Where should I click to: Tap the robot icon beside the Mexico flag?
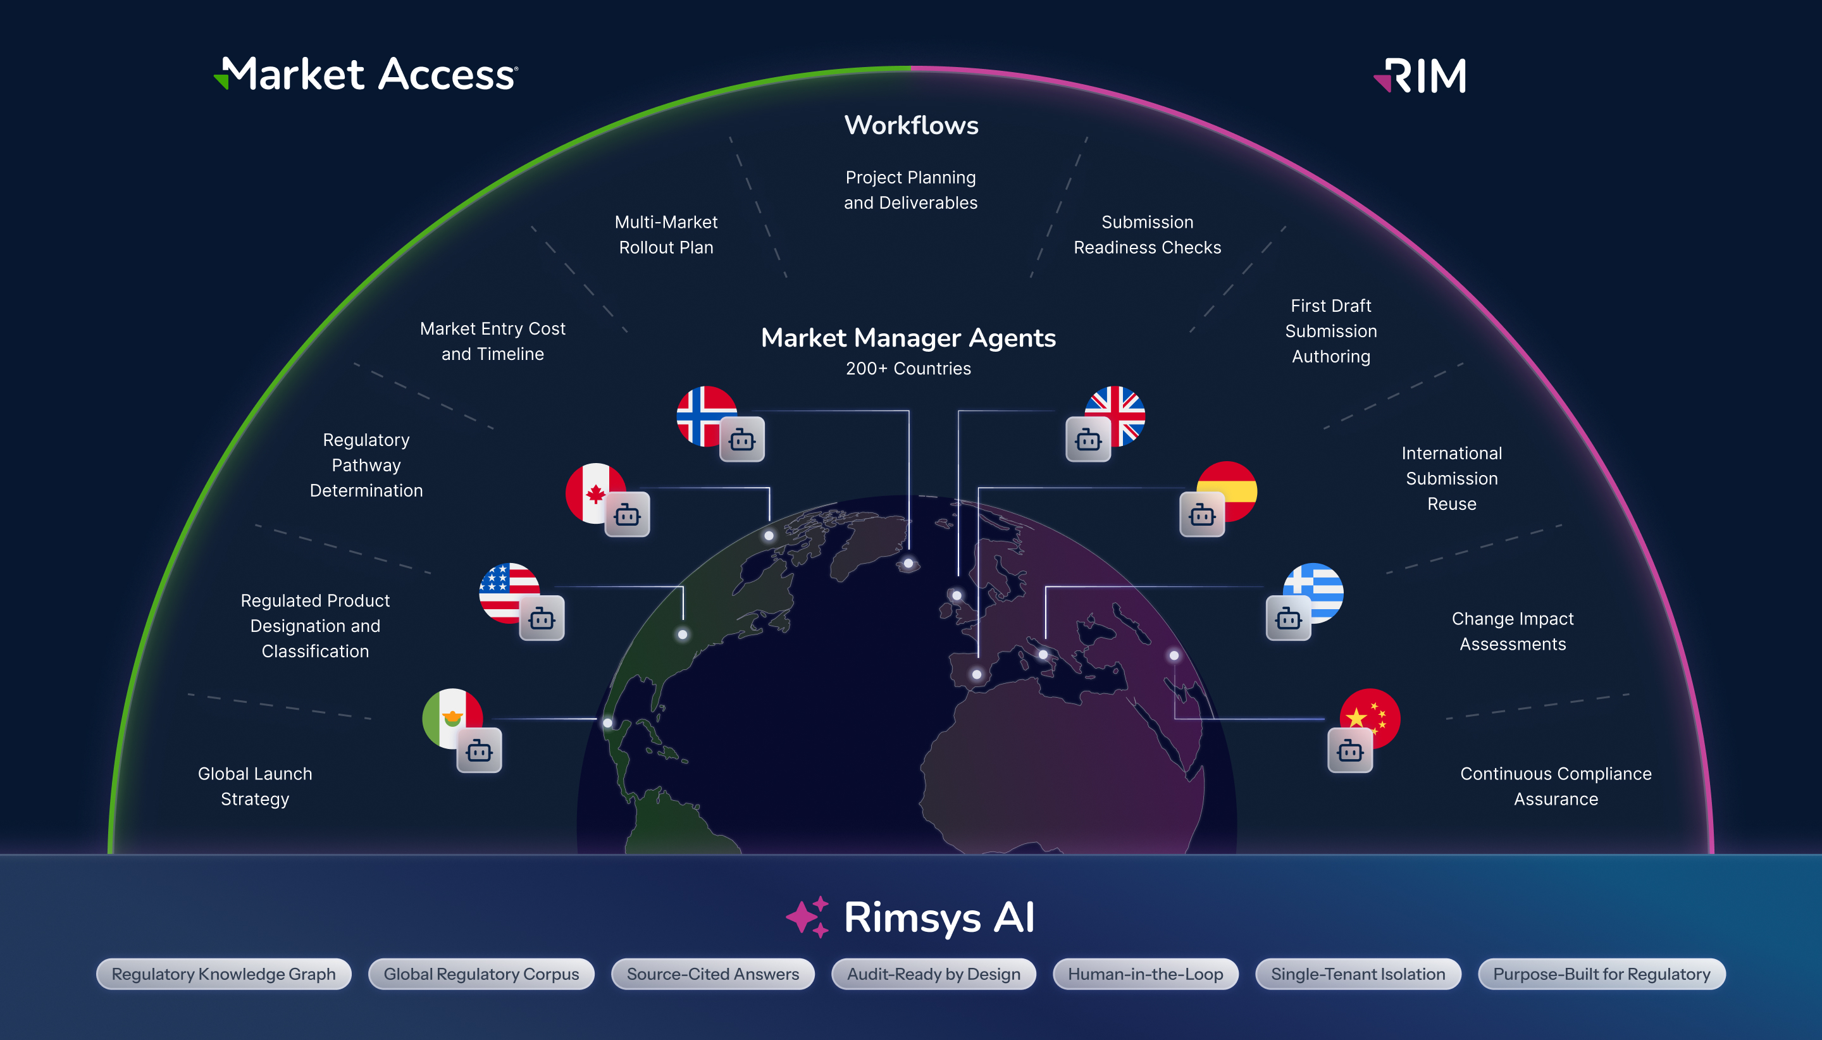coord(480,751)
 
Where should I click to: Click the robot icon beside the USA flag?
coord(542,619)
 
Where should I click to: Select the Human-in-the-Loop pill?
coord(1146,974)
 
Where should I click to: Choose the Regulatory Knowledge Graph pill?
coord(223,974)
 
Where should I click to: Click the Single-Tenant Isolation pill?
coord(1358,974)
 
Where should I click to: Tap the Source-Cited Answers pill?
coord(713,974)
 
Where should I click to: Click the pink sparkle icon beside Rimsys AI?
coord(808,917)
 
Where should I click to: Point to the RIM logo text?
coord(1420,76)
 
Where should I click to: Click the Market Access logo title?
coord(366,74)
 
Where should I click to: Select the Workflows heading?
coord(912,125)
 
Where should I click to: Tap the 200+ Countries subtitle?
coord(908,369)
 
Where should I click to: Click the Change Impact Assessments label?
coord(1513,631)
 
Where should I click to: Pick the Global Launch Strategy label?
coord(255,786)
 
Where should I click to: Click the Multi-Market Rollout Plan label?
coord(666,235)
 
